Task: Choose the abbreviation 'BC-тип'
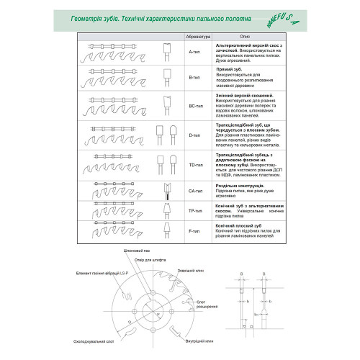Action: click(194, 105)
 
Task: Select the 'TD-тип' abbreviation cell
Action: click(194, 164)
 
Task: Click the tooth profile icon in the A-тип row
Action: click(166, 50)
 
